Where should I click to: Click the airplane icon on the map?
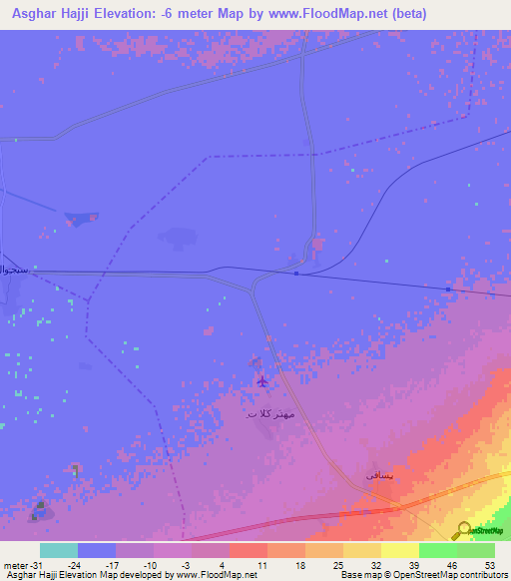click(262, 380)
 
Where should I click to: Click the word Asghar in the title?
click(31, 13)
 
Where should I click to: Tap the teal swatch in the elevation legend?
click(59, 550)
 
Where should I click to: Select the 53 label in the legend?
click(490, 564)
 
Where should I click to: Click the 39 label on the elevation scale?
click(413, 564)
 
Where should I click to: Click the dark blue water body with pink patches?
click(80, 219)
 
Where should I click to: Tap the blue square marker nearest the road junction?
click(296, 273)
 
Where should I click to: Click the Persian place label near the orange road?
click(381, 476)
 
